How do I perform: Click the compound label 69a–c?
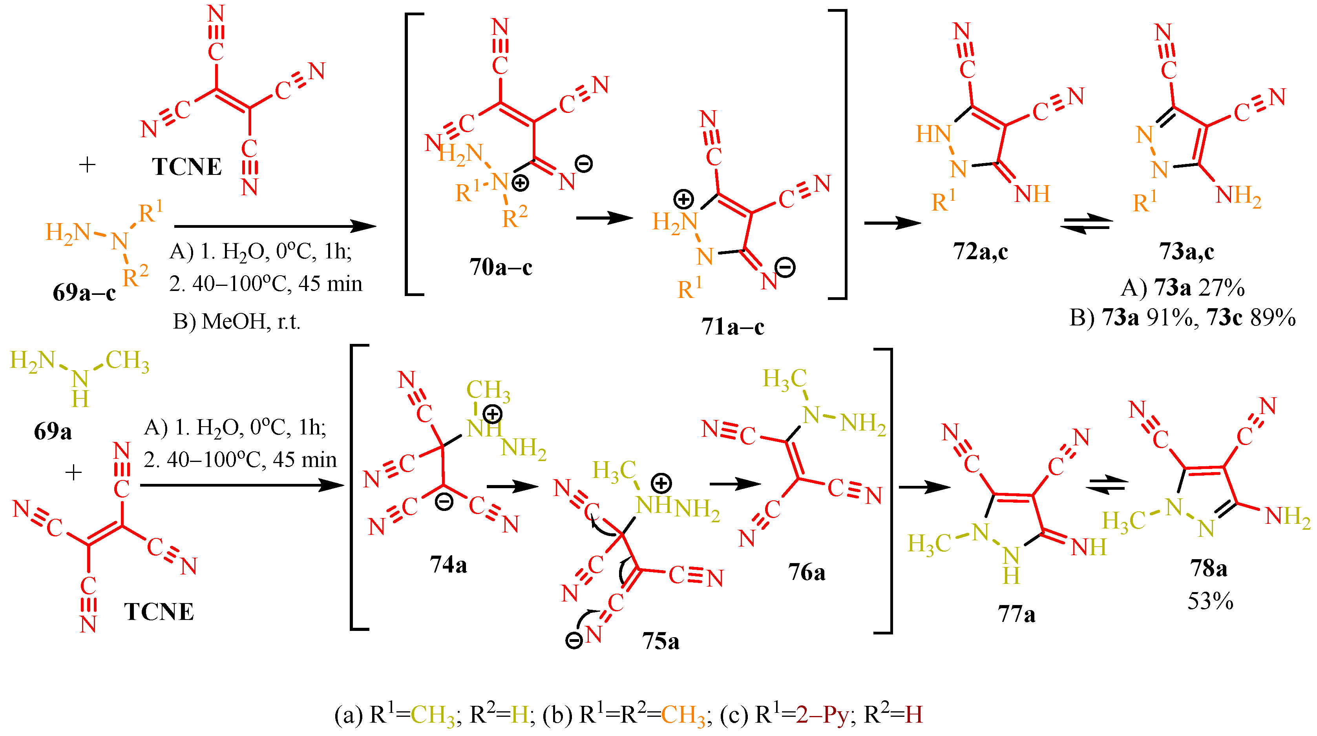84,293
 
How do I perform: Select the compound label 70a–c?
500,267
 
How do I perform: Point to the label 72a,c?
980,251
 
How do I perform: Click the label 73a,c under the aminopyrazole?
1186,251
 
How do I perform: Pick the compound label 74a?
448,565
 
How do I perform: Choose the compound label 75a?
661,641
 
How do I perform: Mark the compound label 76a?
806,572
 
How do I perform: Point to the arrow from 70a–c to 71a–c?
604,218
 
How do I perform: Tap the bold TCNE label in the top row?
186,167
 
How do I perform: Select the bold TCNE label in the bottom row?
159,612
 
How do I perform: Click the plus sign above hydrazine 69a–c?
88,164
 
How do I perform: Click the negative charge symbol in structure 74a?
444,502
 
